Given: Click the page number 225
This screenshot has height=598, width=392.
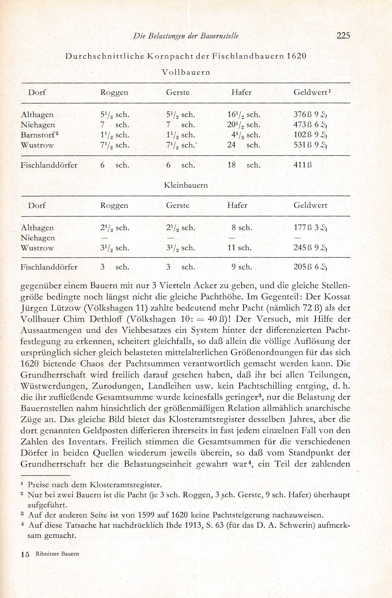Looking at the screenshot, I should coord(343,36).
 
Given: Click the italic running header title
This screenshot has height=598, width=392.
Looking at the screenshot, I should coord(186,36).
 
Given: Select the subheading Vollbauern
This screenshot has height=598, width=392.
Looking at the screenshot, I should coord(186,72).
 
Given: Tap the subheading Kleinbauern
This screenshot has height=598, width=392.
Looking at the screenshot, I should coord(186,185).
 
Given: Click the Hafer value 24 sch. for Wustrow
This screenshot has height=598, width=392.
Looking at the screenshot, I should coord(243,145).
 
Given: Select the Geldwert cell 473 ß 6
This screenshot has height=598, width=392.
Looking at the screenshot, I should coord(310,125).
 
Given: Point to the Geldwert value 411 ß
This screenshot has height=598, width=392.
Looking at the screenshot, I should coord(303,165).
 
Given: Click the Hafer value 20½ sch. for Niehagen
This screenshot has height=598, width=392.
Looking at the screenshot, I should coord(243,125).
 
